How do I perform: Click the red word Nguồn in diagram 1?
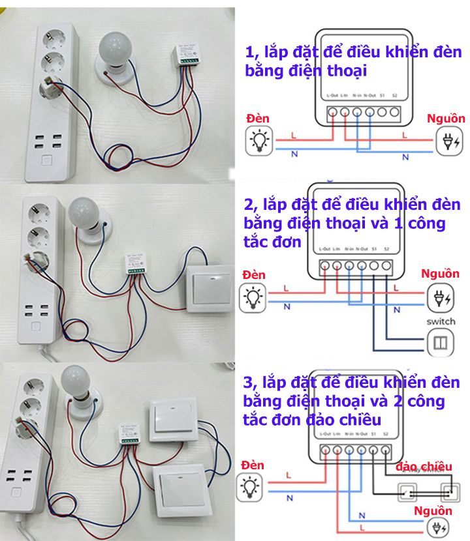click(x=446, y=119)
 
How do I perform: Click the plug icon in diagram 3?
click(x=436, y=528)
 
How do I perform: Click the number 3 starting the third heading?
click(x=249, y=381)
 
